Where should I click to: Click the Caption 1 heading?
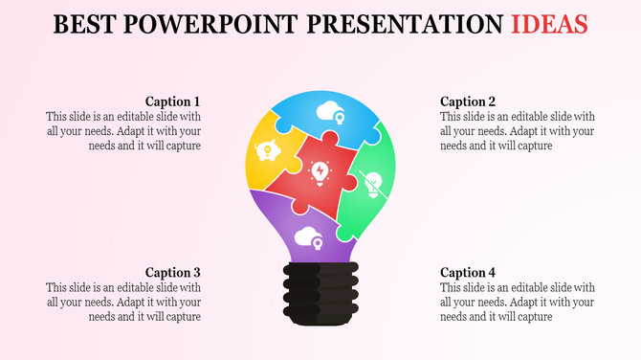(172, 101)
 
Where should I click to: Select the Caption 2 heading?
(468, 101)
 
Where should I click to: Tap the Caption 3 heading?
(172, 272)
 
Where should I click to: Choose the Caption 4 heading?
(468, 272)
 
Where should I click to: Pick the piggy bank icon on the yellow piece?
(266, 151)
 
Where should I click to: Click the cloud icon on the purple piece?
(309, 237)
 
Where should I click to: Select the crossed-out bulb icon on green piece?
(374, 181)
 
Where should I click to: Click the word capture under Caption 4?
(531, 317)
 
